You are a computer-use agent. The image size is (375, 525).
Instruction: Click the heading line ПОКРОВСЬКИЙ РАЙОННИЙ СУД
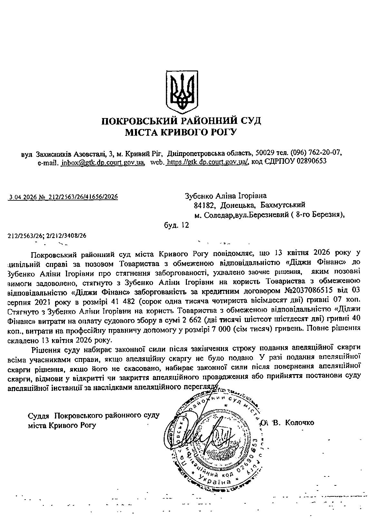click(x=181, y=121)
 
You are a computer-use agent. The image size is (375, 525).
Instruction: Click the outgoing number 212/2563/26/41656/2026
click(x=82, y=197)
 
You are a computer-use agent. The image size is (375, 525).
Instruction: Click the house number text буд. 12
click(x=176, y=225)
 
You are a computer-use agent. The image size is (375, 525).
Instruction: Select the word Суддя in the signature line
click(x=39, y=415)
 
